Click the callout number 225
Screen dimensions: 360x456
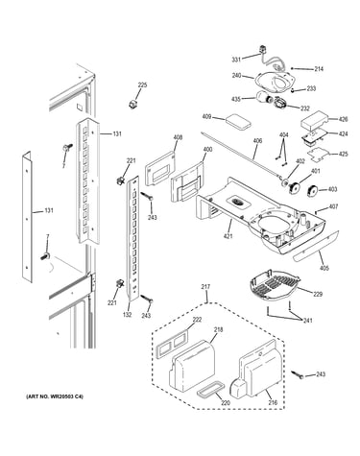point(142,85)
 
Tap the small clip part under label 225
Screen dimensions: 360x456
point(132,104)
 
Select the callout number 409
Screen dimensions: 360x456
point(206,117)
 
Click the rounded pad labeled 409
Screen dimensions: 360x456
point(237,122)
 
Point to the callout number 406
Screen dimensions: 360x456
point(257,141)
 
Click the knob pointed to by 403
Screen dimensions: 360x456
point(312,191)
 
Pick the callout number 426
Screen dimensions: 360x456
point(343,119)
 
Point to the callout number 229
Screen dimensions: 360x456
point(318,294)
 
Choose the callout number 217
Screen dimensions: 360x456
point(205,287)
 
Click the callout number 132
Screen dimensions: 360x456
point(127,315)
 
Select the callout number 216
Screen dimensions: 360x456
point(273,403)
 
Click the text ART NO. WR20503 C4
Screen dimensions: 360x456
point(55,396)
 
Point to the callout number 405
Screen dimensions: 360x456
point(324,268)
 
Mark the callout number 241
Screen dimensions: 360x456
point(307,321)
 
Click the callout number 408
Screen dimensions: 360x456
point(178,138)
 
